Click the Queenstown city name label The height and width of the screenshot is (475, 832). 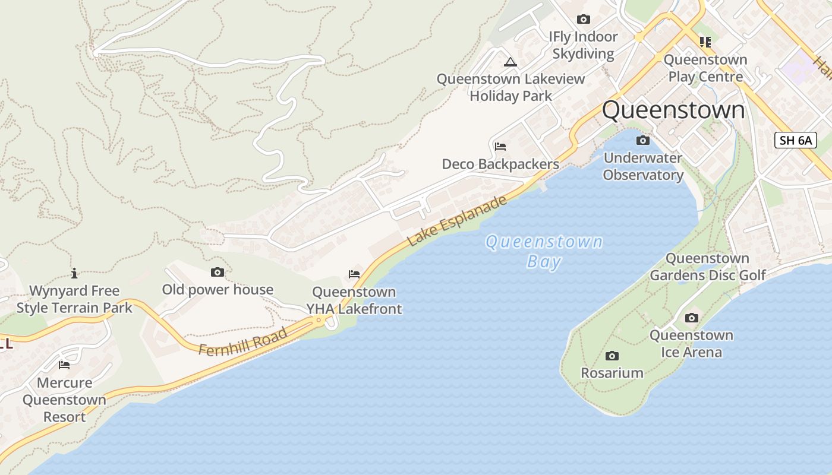click(673, 110)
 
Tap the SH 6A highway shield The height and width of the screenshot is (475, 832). click(796, 141)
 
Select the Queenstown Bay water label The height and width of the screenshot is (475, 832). click(544, 251)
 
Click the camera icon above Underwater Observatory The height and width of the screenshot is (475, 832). click(642, 141)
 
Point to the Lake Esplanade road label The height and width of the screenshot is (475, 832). click(458, 220)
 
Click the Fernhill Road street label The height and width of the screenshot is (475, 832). click(243, 341)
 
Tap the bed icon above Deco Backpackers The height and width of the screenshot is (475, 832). click(500, 147)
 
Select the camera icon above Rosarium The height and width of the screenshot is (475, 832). click(612, 356)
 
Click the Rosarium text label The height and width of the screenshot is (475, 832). click(612, 373)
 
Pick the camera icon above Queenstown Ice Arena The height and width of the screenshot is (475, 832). click(691, 318)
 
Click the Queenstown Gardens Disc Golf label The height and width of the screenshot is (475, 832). click(707, 267)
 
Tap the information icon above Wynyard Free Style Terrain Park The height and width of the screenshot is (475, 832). click(74, 273)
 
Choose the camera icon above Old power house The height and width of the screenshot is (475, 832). click(218, 273)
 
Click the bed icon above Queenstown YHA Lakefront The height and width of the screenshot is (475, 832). click(354, 274)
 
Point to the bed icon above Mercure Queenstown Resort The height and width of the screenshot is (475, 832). click(64, 365)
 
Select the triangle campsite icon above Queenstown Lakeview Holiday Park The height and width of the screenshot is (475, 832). click(510, 62)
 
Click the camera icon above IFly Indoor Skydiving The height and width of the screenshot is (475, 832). click(583, 20)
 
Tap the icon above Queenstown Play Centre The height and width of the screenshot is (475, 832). click(705, 42)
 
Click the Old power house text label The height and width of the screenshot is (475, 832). click(218, 290)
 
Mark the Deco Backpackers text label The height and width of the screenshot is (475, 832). click(500, 164)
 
